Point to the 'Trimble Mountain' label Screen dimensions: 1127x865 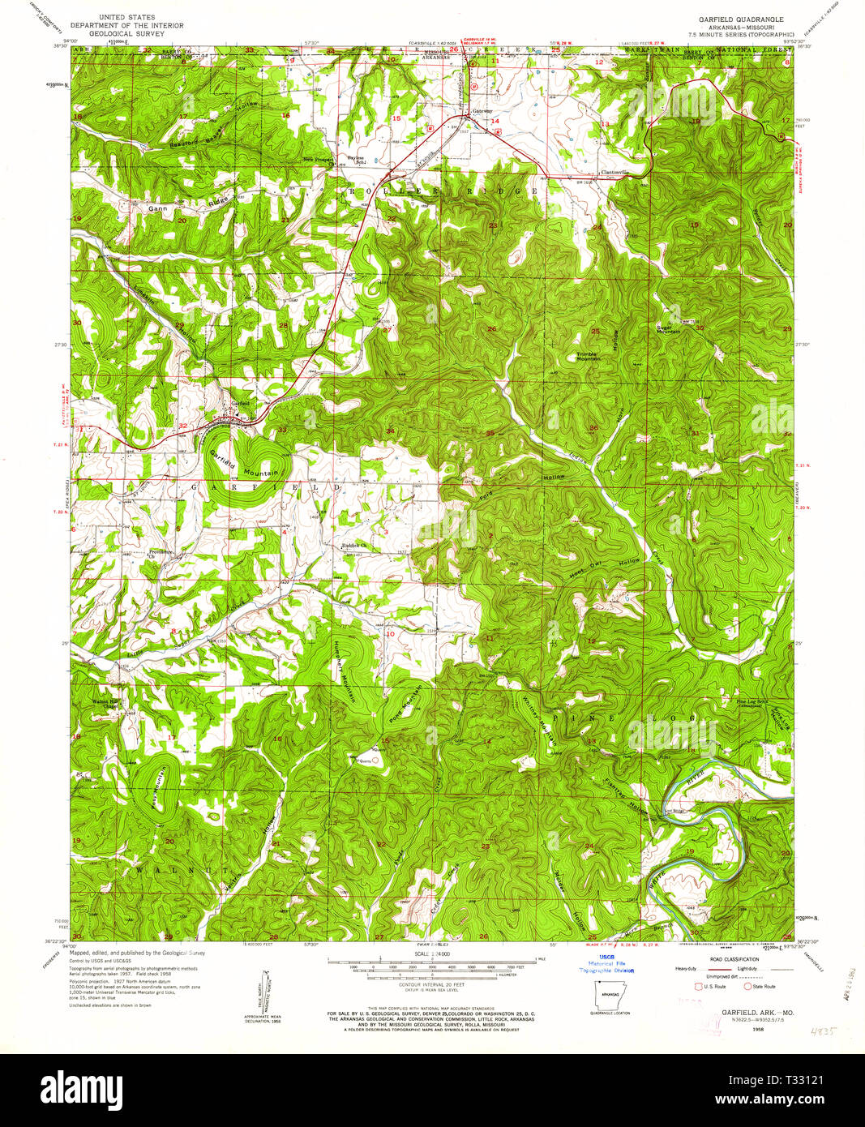click(588, 356)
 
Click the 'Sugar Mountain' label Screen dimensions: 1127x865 click(668, 329)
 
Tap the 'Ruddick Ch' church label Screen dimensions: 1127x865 click(354, 546)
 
